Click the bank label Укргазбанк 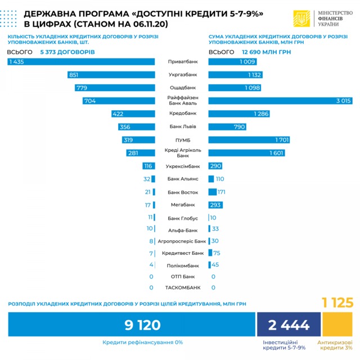pos(183,75)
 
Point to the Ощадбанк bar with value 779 pos(115,88)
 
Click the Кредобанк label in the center pos(183,114)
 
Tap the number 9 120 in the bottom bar pos(134,325)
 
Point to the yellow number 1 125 pos(337,303)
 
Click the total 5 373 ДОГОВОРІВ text pos(67,52)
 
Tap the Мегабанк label pos(183,205)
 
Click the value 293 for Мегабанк pos(215,205)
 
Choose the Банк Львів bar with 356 pos(136,127)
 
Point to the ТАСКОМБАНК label pos(183,287)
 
